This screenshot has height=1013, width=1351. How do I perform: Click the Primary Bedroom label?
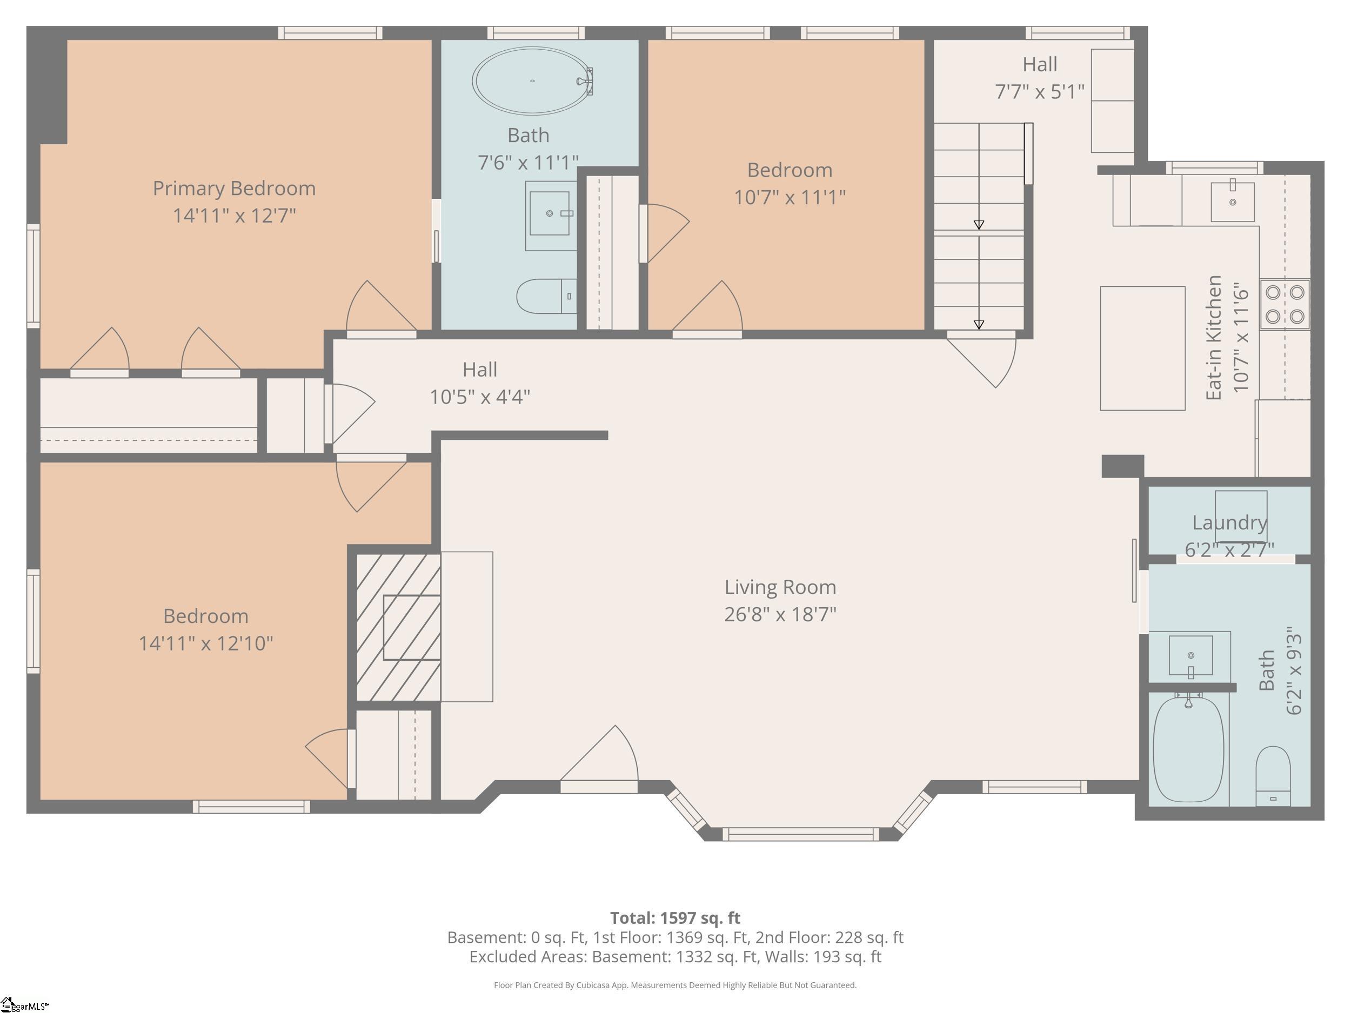pyautogui.click(x=234, y=188)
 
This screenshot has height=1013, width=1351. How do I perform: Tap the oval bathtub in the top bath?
pyautogui.click(x=533, y=80)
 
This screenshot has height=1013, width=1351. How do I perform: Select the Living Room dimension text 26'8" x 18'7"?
pyautogui.click(x=780, y=614)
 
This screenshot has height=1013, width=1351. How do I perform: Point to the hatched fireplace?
pyautogui.click(x=398, y=627)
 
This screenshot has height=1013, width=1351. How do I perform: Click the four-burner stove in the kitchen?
pyautogui.click(x=1285, y=304)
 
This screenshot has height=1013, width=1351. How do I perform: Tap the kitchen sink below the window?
pyautogui.click(x=1233, y=201)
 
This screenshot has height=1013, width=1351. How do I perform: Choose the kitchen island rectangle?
pyautogui.click(x=1142, y=348)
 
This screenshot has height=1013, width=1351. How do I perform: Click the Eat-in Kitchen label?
pyautogui.click(x=1214, y=338)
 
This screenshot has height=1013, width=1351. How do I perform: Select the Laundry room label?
pyautogui.click(x=1229, y=522)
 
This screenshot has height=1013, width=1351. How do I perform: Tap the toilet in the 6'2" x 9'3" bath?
pyautogui.click(x=1273, y=776)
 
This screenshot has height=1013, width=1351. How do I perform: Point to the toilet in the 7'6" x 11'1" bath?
pyautogui.click(x=546, y=296)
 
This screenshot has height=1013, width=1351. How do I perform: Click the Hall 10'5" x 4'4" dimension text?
pyautogui.click(x=479, y=397)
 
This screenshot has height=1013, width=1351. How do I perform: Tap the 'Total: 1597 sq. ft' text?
pyautogui.click(x=675, y=918)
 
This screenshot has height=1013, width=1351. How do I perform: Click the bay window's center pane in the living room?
pyautogui.click(x=801, y=834)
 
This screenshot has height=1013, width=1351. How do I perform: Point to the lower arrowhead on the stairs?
pyautogui.click(x=979, y=325)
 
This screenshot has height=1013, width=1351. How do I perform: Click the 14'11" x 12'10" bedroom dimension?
pyautogui.click(x=205, y=643)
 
